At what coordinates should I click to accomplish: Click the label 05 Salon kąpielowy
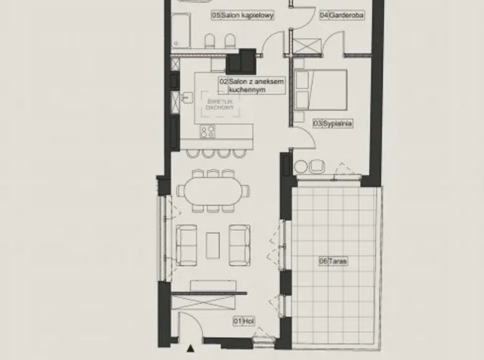[x=235, y=14]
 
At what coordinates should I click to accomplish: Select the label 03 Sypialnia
[x=333, y=124]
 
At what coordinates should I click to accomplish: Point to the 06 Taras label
[x=333, y=261]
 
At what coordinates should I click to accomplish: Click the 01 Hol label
[x=244, y=321]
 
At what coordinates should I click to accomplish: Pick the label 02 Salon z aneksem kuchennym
[x=251, y=86]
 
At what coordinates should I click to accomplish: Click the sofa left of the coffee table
[x=187, y=244]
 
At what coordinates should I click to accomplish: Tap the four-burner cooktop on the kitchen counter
[x=207, y=131]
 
